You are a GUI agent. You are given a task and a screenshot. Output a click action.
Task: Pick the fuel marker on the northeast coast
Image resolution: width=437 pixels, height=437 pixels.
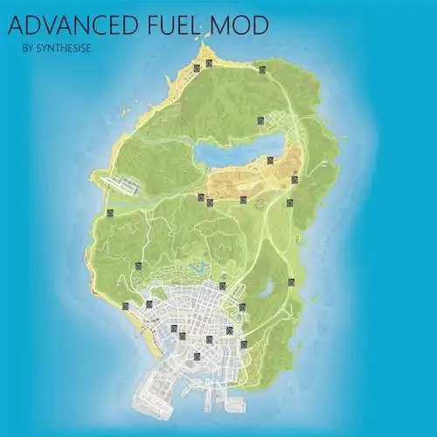pos(260,67)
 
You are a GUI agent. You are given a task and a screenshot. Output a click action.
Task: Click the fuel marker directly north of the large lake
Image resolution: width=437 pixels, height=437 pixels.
pos(260,120)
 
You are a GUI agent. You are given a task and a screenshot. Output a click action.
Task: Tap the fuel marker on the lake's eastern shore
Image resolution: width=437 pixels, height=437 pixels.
pos(271,160)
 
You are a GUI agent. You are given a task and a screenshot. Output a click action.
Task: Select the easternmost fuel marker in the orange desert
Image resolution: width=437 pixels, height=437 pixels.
pos(295,180)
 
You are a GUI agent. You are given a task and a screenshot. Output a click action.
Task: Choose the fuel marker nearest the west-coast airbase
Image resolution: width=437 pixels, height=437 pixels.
pos(110,213)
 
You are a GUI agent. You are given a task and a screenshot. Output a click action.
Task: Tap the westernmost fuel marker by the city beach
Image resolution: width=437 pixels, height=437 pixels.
pos(127,305)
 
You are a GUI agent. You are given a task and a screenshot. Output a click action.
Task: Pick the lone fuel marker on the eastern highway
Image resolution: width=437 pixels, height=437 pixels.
pos(291,282)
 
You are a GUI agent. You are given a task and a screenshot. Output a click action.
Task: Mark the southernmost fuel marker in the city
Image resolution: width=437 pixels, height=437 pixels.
pos(198,356)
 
